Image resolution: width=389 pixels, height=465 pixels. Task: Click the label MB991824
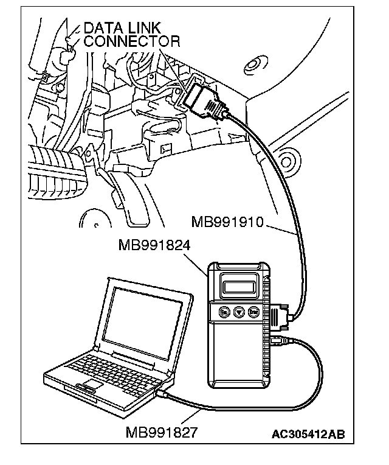[155, 246]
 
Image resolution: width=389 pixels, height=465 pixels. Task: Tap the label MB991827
[162, 433]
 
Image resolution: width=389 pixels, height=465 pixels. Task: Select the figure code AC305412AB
[309, 434]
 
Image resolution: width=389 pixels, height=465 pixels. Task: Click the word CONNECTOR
[132, 41]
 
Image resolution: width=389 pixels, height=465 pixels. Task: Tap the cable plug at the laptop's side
[162, 394]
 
